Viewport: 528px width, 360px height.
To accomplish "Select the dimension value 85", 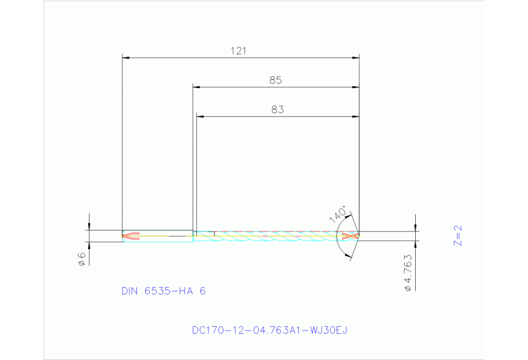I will (x=275, y=81).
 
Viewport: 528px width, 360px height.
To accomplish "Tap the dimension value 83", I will (x=277, y=109).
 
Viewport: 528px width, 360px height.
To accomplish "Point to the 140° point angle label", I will (x=338, y=214).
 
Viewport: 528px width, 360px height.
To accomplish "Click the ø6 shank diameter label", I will (x=81, y=259).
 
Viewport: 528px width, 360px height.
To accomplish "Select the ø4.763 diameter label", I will (x=408, y=273).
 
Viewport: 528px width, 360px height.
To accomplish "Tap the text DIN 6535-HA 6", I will (x=164, y=291).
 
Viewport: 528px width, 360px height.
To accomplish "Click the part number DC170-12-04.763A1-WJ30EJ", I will (x=270, y=330).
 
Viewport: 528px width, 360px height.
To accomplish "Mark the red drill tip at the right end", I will (x=351, y=236).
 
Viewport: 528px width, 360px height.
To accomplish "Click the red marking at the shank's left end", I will (x=130, y=236).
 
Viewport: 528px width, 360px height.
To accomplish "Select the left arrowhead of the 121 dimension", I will (x=126, y=58).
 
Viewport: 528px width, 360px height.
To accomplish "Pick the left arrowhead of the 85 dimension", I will (x=196, y=87).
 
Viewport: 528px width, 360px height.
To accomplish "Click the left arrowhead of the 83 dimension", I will (x=200, y=117).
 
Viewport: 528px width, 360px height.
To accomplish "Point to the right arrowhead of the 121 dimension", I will (x=355, y=58).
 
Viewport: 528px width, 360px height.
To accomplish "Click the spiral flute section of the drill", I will (x=275, y=236).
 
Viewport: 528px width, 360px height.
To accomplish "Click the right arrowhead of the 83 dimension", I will (x=355, y=117).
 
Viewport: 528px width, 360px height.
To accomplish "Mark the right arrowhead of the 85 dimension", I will (x=355, y=87).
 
